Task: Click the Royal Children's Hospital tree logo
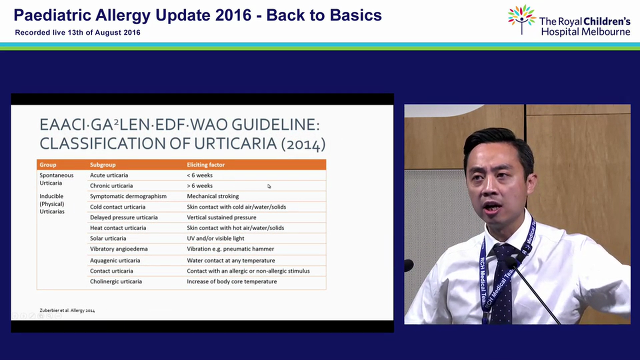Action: tap(521, 19)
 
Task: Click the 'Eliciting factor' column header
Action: tap(205, 164)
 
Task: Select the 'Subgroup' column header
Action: tap(103, 165)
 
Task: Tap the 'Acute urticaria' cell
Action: tap(109, 175)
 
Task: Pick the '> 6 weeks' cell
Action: tap(199, 185)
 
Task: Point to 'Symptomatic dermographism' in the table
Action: tap(128, 196)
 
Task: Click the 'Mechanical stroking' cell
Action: tap(213, 196)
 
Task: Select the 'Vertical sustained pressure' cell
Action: tap(221, 217)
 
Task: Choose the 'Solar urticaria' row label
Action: tap(108, 238)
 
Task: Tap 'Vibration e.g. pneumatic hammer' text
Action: tap(230, 249)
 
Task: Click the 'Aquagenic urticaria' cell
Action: tap(115, 260)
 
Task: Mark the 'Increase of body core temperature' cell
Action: tap(231, 281)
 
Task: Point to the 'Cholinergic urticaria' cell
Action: tap(115, 281)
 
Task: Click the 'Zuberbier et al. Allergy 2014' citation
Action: tap(67, 310)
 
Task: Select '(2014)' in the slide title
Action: tap(303, 143)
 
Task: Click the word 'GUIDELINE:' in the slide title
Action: tap(275, 125)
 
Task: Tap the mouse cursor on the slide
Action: tap(269, 186)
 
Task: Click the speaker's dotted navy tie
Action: tap(502, 283)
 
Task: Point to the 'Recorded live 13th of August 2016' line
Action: tap(77, 32)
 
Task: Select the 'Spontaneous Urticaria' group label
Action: tap(56, 179)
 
